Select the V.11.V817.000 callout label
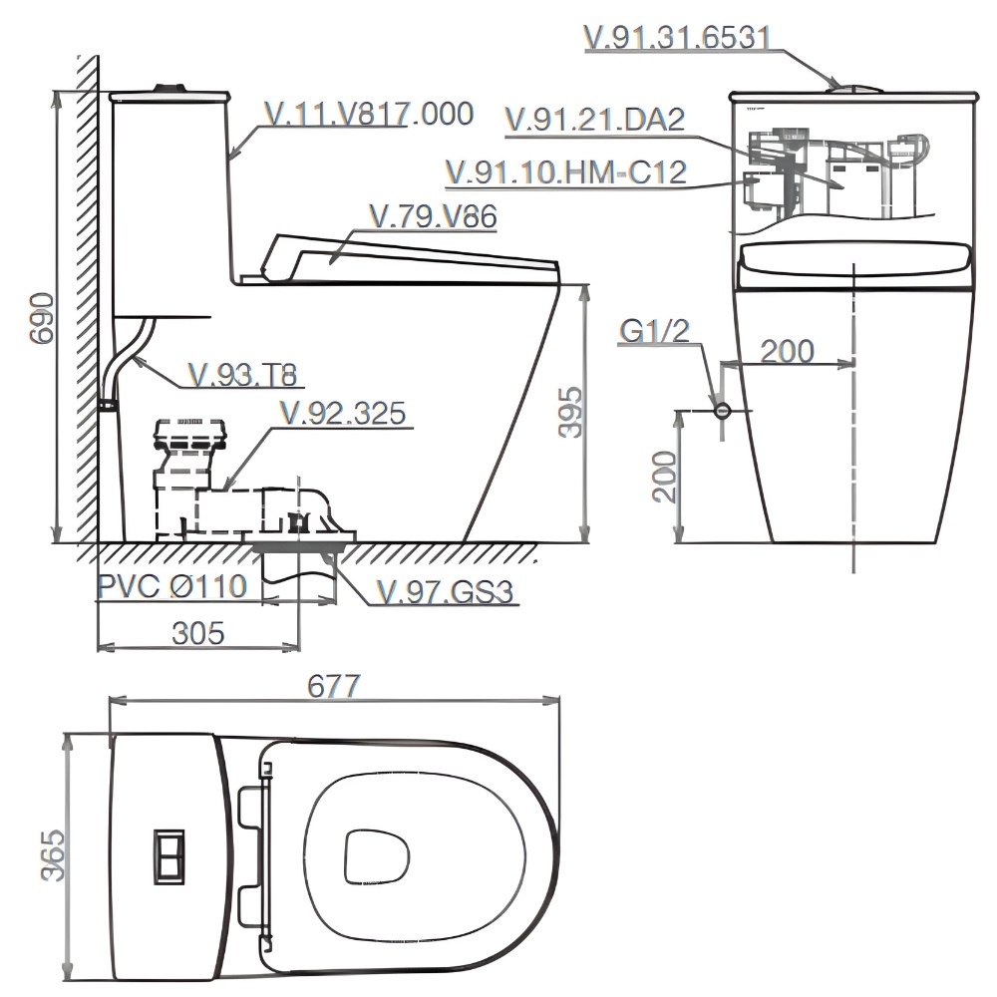(369, 115)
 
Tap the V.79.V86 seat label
(432, 217)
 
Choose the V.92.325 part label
(343, 413)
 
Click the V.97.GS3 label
(445, 592)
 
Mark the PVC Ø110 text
(171, 586)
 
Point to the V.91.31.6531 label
(677, 37)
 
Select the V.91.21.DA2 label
(595, 120)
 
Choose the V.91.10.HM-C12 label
(565, 171)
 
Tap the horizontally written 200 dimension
(787, 350)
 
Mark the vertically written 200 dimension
(665, 477)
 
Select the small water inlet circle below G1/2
(722, 410)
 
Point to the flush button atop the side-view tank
(169, 87)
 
